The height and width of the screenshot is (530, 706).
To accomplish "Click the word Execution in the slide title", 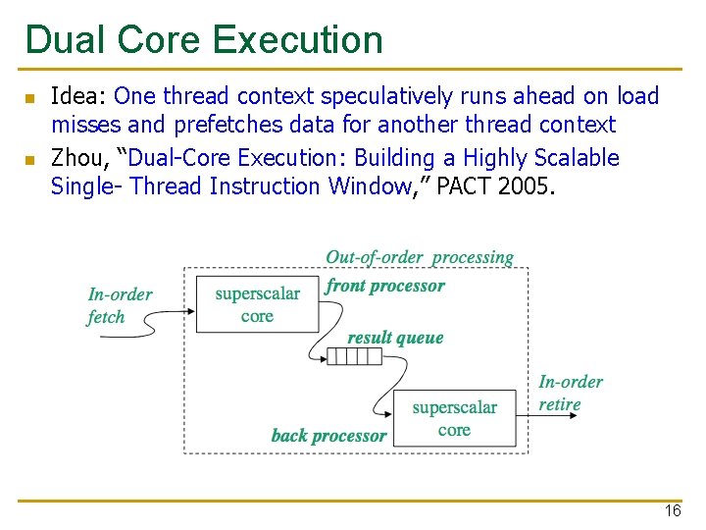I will [x=297, y=40].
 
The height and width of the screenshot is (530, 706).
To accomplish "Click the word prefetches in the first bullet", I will [x=219, y=125].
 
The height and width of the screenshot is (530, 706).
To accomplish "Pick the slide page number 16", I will [x=672, y=511].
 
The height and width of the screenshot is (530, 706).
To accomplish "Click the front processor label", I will [x=385, y=286].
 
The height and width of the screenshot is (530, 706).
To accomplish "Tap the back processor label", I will [x=328, y=435].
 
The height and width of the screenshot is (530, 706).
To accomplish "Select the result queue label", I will [x=395, y=338].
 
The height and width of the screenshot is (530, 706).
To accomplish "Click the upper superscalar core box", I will [x=257, y=304].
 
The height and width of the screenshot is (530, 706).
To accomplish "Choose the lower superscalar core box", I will [x=454, y=419].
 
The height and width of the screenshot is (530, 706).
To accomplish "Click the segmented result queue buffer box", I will [x=354, y=356].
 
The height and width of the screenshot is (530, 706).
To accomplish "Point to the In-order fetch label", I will [x=120, y=305].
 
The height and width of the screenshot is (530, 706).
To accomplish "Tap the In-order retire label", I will [x=570, y=393].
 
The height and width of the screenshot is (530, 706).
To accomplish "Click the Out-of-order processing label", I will [x=420, y=257].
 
